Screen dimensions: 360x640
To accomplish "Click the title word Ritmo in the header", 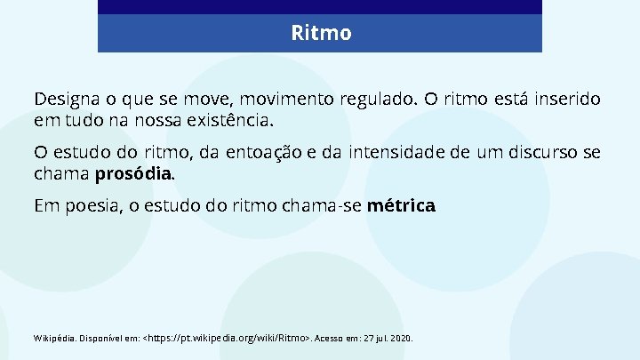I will coord(321,34).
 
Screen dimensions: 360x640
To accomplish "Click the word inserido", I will coord(564,99).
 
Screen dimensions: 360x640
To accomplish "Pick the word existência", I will coord(233,118).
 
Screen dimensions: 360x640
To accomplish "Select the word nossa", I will coord(161,118).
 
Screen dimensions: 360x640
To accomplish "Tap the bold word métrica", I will coord(401,206).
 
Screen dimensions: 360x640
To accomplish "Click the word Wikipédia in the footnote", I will coord(54,339).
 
